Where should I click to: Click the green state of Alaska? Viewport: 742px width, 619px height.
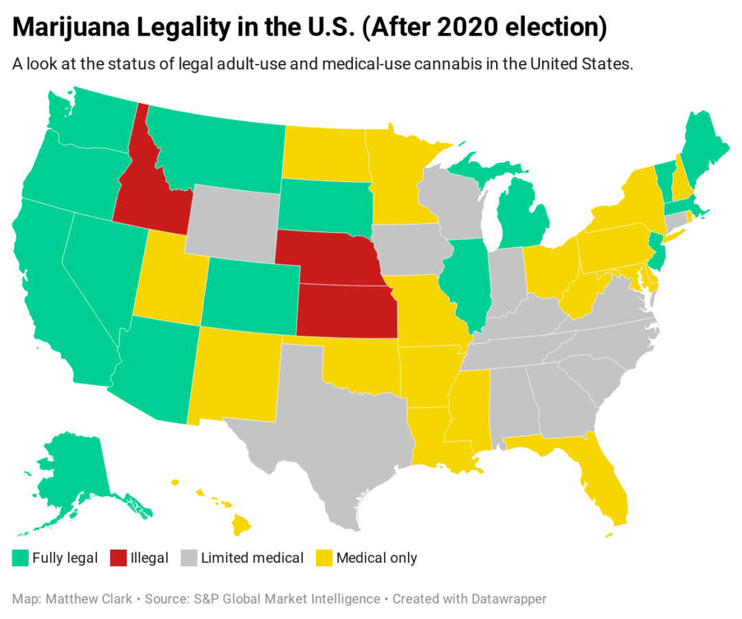click(72, 467)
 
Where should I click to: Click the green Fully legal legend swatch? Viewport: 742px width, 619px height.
click(20, 558)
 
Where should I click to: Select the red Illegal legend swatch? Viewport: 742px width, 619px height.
click(118, 558)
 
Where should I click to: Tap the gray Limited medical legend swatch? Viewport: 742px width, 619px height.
click(189, 558)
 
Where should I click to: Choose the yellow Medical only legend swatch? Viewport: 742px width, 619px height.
click(324, 558)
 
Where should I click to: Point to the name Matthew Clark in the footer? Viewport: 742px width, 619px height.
click(89, 599)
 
